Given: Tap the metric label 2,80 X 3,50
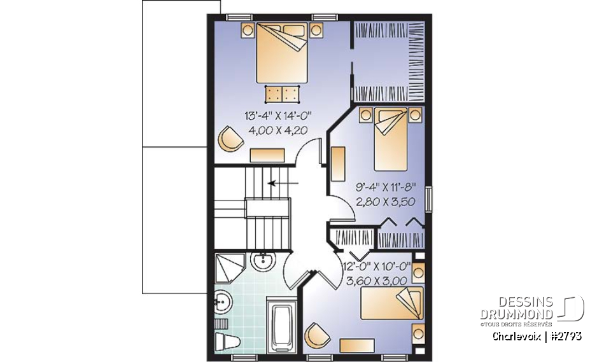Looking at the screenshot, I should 384,201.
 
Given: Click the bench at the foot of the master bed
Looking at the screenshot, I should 283,94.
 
